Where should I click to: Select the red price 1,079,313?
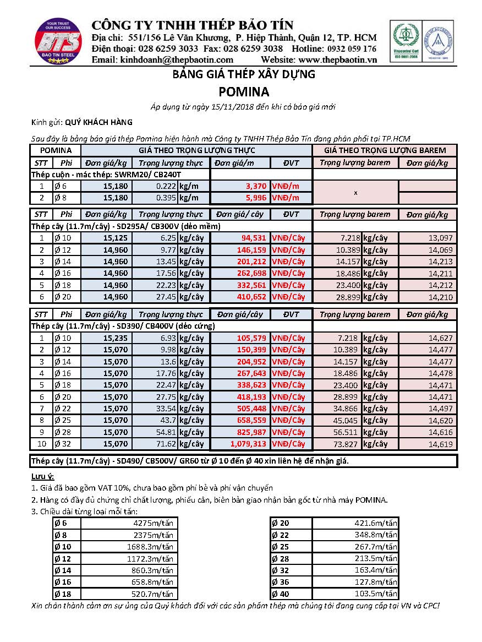[x=246, y=444]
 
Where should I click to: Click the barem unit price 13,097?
[x=440, y=238]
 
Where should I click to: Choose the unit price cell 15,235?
[x=116, y=338]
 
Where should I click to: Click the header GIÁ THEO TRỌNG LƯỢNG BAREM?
[x=385, y=150]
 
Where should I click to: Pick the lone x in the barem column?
[x=355, y=193]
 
